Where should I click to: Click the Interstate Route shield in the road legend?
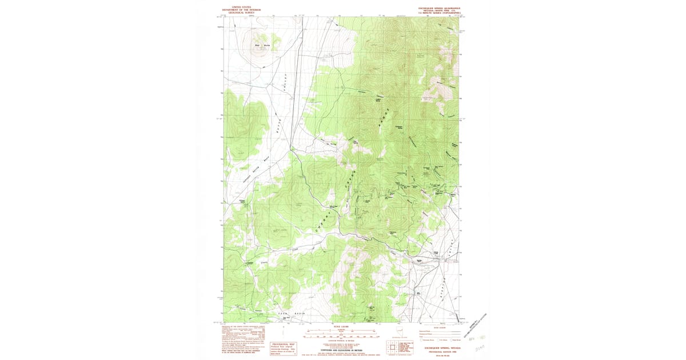click(x=421, y=340)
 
